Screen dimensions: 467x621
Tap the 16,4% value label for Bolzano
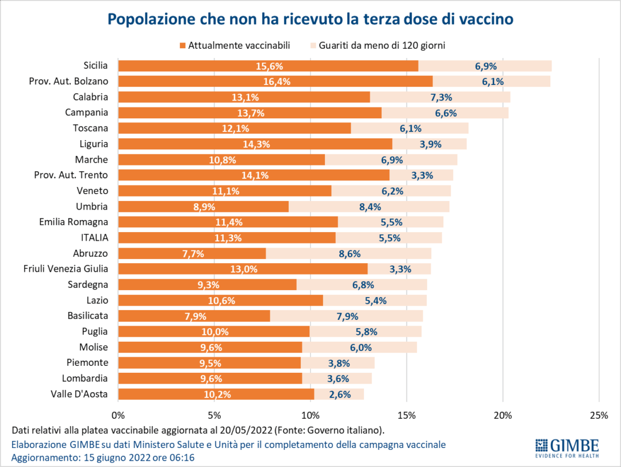(x=277, y=82)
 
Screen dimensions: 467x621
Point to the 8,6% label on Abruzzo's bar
(x=349, y=253)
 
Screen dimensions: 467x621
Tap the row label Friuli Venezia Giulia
(x=66, y=268)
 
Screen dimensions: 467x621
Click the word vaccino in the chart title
(x=479, y=18)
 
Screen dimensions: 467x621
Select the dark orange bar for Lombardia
(x=172, y=378)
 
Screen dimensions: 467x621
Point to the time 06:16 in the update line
(x=186, y=457)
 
